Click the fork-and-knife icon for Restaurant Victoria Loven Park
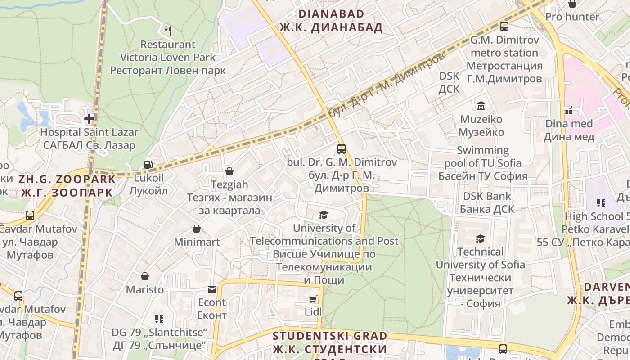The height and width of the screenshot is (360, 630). tap(168, 31)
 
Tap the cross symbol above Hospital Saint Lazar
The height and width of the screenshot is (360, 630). tap(89, 119)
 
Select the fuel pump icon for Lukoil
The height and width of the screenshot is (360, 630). tap(148, 165)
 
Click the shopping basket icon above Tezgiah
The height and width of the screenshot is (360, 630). tap(229, 171)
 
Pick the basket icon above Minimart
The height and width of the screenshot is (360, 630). tap(197, 229)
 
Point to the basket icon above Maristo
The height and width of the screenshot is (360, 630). tap(145, 276)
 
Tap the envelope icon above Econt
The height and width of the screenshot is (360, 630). tap(212, 289)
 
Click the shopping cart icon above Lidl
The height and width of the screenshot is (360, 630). tap(313, 299)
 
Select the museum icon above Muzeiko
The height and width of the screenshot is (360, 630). tap(481, 106)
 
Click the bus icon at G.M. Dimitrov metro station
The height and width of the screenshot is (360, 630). tap(504, 27)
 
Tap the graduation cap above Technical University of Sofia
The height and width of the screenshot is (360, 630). tap(481, 238)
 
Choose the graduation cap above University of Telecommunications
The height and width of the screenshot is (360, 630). tap(324, 215)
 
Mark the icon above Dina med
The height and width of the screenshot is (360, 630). tap(569, 110)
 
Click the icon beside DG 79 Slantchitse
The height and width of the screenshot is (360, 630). tap(159, 319)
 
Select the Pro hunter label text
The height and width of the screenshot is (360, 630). tap(572, 17)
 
